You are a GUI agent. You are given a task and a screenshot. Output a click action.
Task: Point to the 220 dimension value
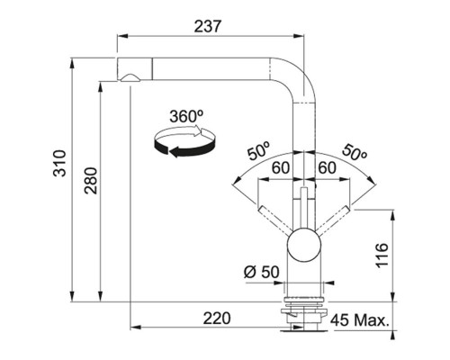(x=216, y=318)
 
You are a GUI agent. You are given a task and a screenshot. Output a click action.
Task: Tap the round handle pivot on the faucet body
(x=304, y=243)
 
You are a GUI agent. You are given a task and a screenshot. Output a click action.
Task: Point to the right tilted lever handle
(x=333, y=221)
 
